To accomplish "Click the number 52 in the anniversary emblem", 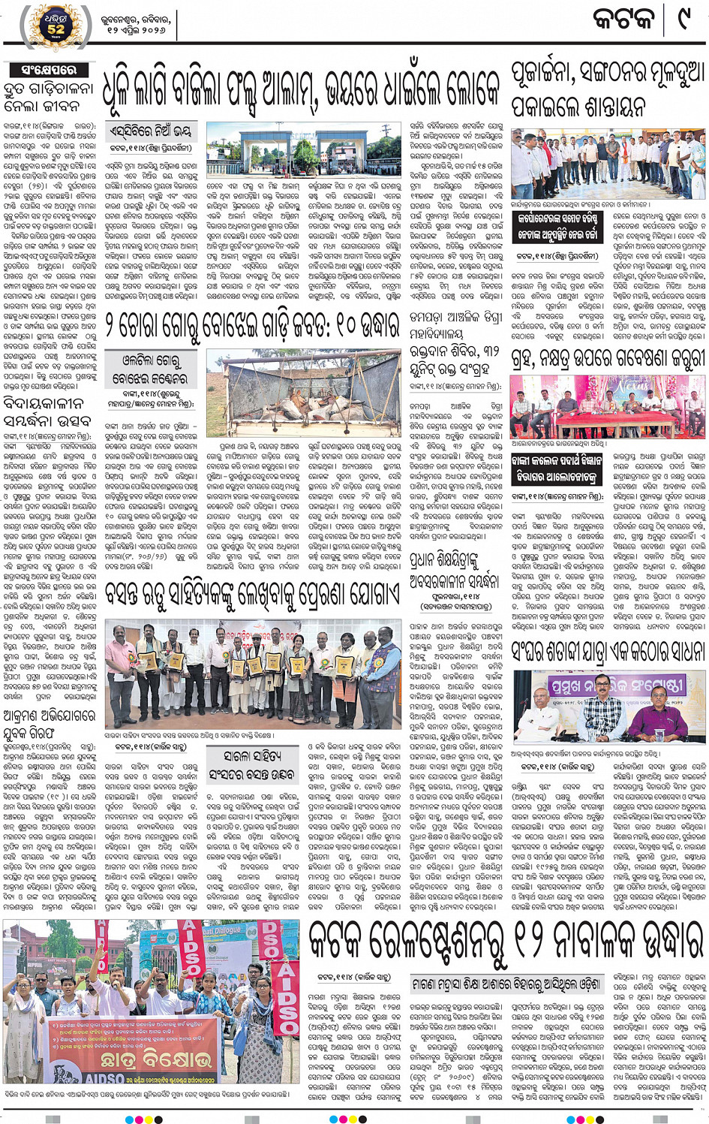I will click(x=56, y=30).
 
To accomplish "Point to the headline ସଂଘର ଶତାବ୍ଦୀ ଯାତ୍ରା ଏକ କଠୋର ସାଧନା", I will click(x=608, y=651).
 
